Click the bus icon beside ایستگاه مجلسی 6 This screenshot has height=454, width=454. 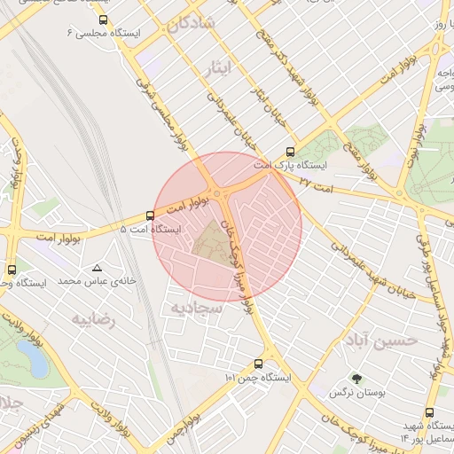coord(104,20)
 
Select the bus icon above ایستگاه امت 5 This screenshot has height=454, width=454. coord(149,215)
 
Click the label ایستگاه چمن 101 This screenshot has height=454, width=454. coord(259,378)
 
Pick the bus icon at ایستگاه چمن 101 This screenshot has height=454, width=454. coord(258,364)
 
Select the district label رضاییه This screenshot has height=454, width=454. coord(94,319)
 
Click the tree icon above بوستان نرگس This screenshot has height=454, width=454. coord(356,378)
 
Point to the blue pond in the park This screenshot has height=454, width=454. coord(34,358)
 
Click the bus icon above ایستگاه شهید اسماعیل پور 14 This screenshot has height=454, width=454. coord(430,412)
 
